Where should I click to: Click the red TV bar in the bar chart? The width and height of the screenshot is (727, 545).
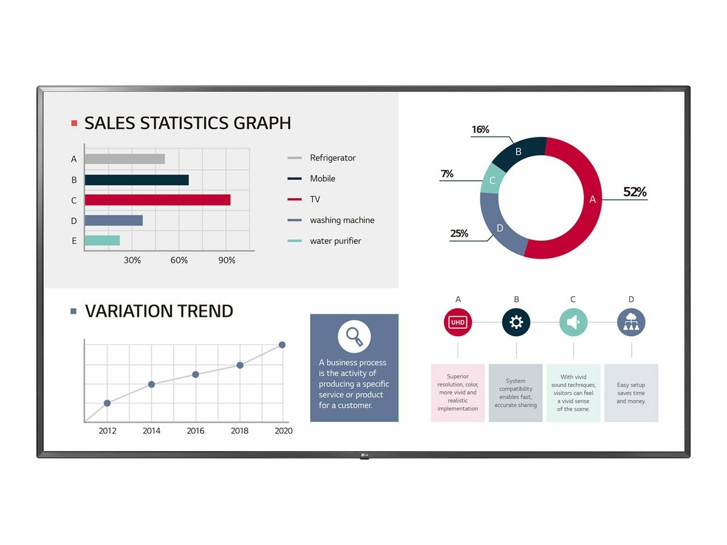pos(158,200)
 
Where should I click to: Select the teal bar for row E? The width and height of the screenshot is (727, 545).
pos(102,240)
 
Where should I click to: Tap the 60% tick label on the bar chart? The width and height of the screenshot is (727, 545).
pos(179,260)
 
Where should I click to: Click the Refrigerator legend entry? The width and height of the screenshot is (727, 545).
pos(332,158)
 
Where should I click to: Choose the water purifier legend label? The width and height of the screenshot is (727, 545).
pos(335,241)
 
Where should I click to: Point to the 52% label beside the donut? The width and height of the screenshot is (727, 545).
pos(635,193)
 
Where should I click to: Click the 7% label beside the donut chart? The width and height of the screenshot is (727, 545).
pos(447,174)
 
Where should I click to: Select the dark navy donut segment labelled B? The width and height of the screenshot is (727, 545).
pos(517,152)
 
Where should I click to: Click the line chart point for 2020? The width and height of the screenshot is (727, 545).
pos(282,345)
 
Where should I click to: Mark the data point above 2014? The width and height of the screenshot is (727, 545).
pos(151,385)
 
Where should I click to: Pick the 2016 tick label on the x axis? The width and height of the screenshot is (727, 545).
pos(195,431)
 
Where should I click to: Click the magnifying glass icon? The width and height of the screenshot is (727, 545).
pos(354,336)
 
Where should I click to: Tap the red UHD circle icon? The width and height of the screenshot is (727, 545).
pos(457,322)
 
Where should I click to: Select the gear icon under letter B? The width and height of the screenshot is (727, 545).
pos(516,322)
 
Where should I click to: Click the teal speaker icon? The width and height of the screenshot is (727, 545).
pos(573,322)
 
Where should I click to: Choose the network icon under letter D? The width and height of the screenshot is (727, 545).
pos(631,322)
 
